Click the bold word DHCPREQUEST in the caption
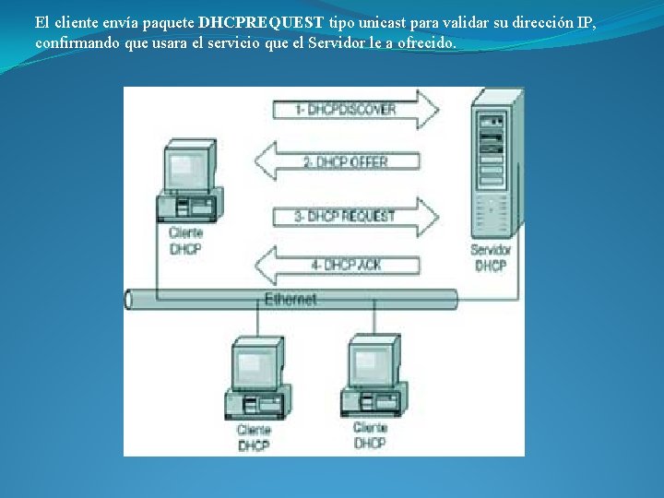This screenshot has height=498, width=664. [x=261, y=22]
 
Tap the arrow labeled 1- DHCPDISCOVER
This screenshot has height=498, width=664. [x=354, y=110]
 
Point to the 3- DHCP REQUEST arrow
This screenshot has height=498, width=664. [x=354, y=217]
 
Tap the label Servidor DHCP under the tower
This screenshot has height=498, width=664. [x=491, y=257]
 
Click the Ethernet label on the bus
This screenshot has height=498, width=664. [x=290, y=299]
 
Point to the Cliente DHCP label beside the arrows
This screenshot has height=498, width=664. [x=185, y=241]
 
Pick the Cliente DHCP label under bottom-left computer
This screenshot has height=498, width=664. [x=254, y=437]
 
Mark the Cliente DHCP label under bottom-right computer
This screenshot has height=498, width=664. [x=370, y=435]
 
